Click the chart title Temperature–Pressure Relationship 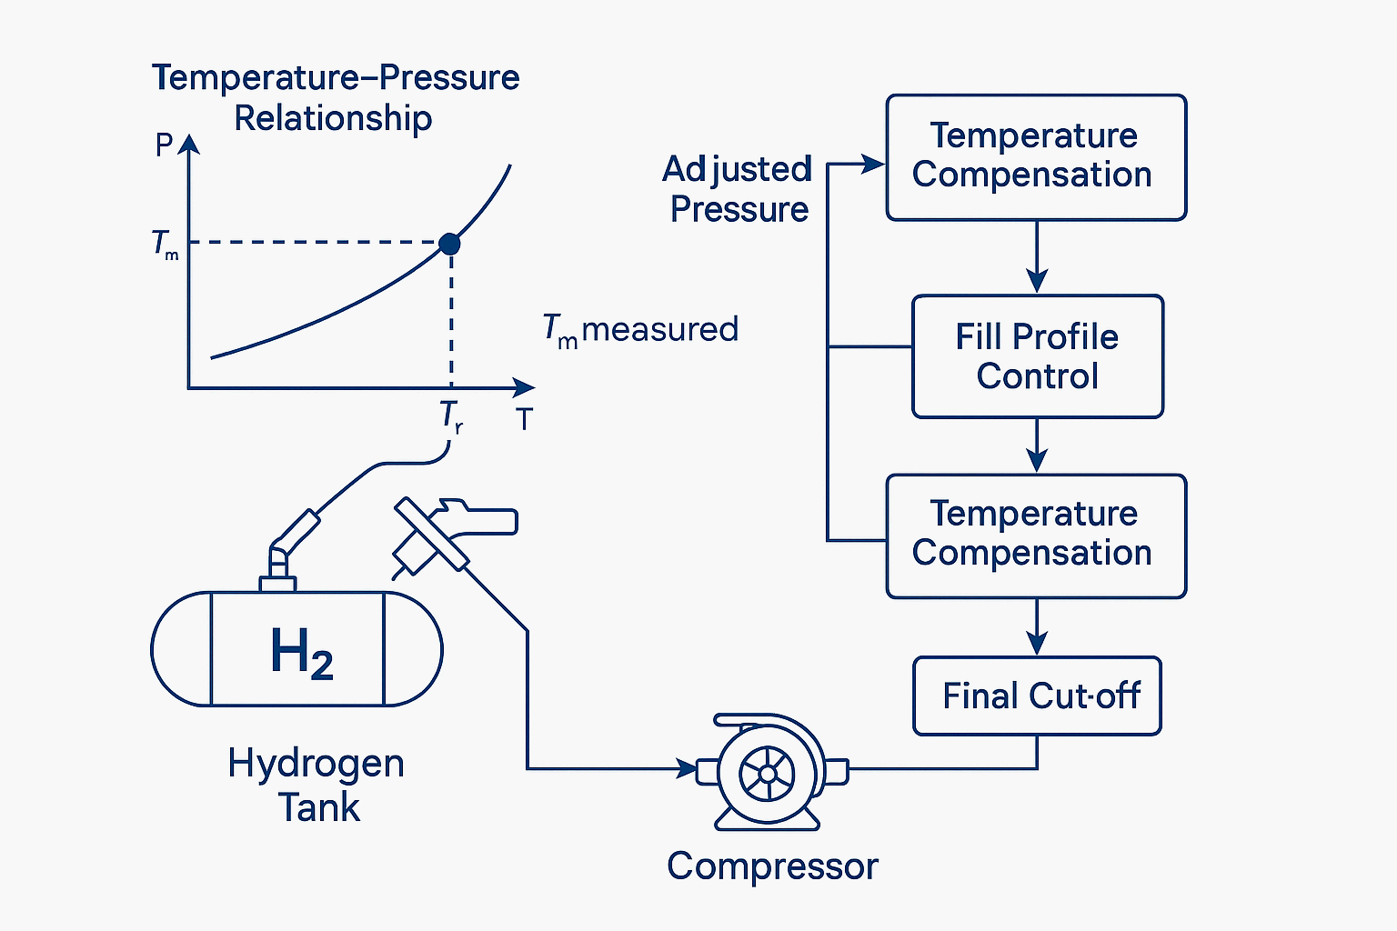point(335,97)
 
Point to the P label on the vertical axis point(164,145)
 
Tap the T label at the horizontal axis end point(524,419)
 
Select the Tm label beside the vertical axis point(165,245)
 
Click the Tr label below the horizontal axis point(451,416)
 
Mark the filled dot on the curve point(449,244)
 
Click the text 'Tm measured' point(640,330)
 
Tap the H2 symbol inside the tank point(301,652)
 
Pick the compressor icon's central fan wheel point(768,773)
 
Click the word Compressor point(772,866)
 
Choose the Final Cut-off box point(1037,696)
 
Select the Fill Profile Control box point(1037,356)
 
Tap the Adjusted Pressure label point(738,189)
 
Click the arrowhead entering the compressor point(687,769)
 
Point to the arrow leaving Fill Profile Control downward point(1037,447)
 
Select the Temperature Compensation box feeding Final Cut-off point(1036,536)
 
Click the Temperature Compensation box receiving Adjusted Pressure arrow point(1036,156)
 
